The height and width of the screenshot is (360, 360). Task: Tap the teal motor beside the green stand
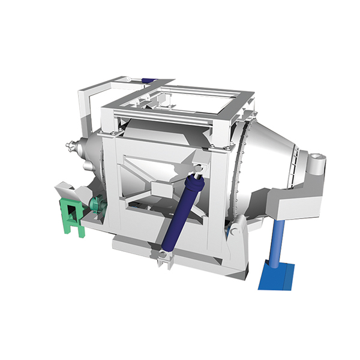[x=96, y=205]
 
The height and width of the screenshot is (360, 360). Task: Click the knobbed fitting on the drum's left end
[x=71, y=145]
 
